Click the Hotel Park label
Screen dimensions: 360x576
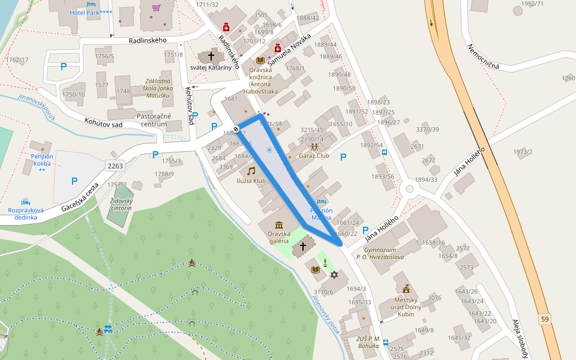click(91, 13)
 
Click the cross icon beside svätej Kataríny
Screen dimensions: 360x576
click(211, 56)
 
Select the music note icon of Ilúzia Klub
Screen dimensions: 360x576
click(251, 171)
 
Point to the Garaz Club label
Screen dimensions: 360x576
click(314, 155)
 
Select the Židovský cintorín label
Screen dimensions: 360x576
click(121, 204)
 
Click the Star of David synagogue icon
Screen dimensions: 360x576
click(334, 275)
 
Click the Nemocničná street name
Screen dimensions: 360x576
click(483, 58)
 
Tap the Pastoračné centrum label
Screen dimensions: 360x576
click(154, 120)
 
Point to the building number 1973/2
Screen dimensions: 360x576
click(523, 152)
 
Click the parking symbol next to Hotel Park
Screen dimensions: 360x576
click(64, 67)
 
